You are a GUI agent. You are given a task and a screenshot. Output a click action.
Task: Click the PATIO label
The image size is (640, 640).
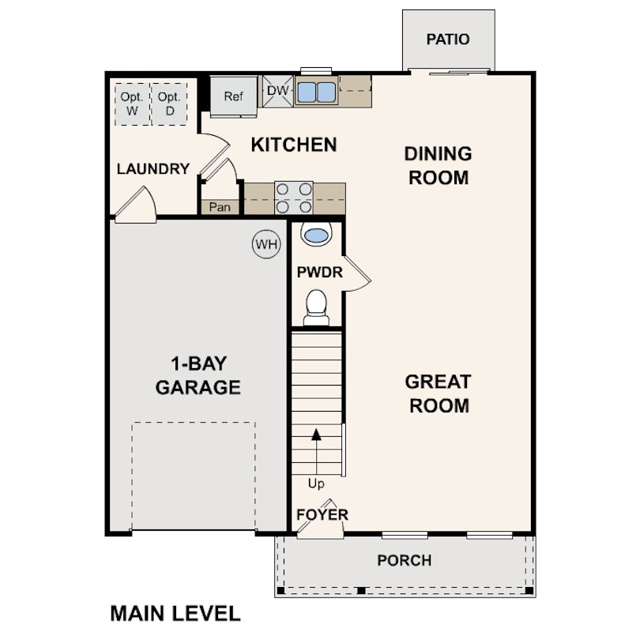447,40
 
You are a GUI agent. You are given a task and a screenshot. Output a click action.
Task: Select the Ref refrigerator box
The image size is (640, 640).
233,96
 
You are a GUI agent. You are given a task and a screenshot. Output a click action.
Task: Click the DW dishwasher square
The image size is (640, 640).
277,91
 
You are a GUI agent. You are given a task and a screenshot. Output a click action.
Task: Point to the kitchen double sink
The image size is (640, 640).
316,92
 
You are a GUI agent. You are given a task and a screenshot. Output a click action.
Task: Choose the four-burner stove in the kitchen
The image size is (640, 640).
294,198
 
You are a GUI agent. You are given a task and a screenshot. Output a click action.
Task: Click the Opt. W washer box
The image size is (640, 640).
131,104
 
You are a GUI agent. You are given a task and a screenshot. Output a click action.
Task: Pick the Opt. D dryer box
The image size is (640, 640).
168,104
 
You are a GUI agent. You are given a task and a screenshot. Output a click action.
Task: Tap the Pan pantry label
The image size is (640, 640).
220,208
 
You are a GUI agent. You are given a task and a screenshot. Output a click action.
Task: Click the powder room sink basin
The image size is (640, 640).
316,235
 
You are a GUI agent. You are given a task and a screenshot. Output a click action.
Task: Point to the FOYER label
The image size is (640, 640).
322,515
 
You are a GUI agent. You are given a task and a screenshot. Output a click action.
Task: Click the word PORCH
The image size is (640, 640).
404,561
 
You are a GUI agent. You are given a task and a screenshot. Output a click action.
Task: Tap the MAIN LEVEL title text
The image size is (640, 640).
175,613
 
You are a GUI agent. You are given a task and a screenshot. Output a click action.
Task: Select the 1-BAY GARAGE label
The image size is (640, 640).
198,376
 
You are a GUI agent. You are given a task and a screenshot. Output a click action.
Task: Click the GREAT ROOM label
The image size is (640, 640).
438,393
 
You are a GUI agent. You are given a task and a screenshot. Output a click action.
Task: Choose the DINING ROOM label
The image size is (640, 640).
439,165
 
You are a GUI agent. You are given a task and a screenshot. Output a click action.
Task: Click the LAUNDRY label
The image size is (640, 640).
152,169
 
